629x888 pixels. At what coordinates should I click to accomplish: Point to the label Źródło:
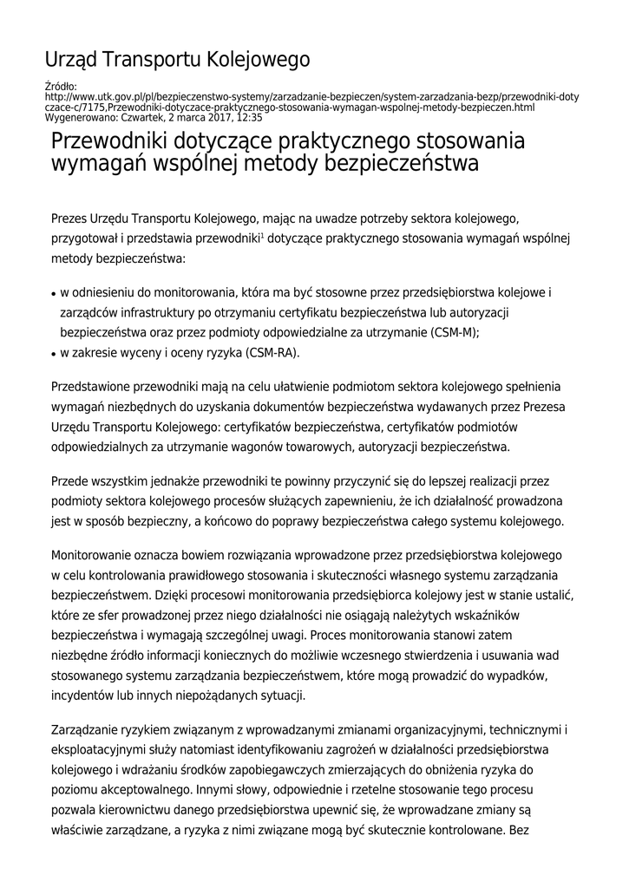[x=60, y=88]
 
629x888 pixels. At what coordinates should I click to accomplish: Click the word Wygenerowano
[x=75, y=117]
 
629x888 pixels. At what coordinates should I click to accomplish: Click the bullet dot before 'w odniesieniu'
[x=54, y=293]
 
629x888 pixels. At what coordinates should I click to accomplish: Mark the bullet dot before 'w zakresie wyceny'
[x=54, y=355]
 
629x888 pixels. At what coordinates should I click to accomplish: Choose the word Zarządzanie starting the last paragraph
[x=91, y=730]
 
